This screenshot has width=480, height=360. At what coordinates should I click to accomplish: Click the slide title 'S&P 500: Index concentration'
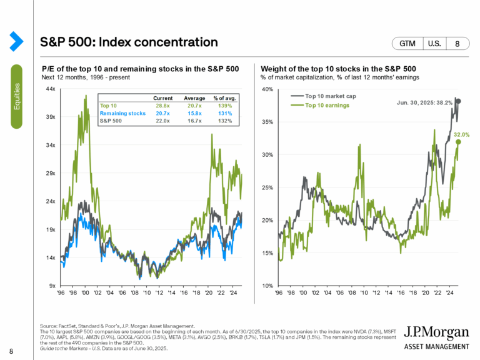pos(129,42)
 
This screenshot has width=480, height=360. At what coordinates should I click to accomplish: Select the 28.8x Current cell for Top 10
pos(164,106)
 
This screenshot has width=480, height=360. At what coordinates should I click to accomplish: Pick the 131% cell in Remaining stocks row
pos(223,113)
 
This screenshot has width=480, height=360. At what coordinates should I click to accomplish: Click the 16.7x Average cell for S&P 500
pos(194,121)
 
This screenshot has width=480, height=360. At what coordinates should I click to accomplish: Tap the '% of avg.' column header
pos(222,98)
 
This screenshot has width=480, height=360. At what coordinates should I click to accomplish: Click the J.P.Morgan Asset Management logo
pos(436,337)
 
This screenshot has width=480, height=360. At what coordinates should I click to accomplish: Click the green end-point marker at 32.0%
pos(458,142)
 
